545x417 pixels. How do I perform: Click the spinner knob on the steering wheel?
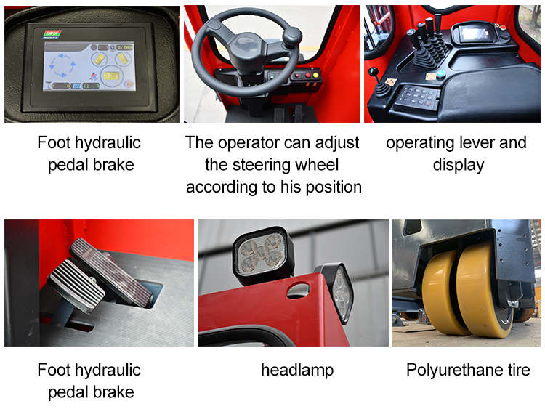[x=291, y=36]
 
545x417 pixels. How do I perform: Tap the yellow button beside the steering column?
[x=315, y=75]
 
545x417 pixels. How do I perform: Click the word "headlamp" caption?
[x=297, y=370]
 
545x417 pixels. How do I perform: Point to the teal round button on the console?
[x=441, y=73]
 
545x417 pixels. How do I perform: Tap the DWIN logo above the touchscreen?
[x=52, y=34]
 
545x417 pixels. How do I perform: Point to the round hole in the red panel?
[x=298, y=291]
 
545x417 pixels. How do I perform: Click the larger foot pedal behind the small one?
[x=111, y=271]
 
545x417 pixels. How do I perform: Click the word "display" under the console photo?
[x=458, y=165]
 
